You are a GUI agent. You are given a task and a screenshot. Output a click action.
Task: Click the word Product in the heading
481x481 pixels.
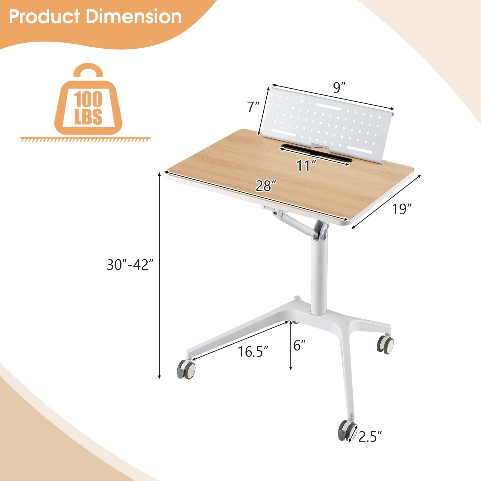(44, 17)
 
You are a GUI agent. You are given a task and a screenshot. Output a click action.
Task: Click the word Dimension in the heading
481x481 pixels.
(134, 17)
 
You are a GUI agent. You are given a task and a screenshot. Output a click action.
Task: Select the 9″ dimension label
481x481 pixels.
(339, 87)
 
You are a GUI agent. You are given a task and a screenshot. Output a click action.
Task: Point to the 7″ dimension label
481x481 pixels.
(253, 107)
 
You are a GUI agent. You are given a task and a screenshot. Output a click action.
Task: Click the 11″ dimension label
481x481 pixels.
(306, 166)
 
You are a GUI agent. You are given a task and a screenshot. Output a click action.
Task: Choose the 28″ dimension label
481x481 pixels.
(266, 186)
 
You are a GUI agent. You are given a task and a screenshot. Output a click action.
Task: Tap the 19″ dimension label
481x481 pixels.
(401, 209)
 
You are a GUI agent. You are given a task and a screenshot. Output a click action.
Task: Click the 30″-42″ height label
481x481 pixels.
(130, 265)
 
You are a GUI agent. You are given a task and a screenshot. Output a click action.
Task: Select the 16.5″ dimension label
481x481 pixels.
(253, 351)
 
